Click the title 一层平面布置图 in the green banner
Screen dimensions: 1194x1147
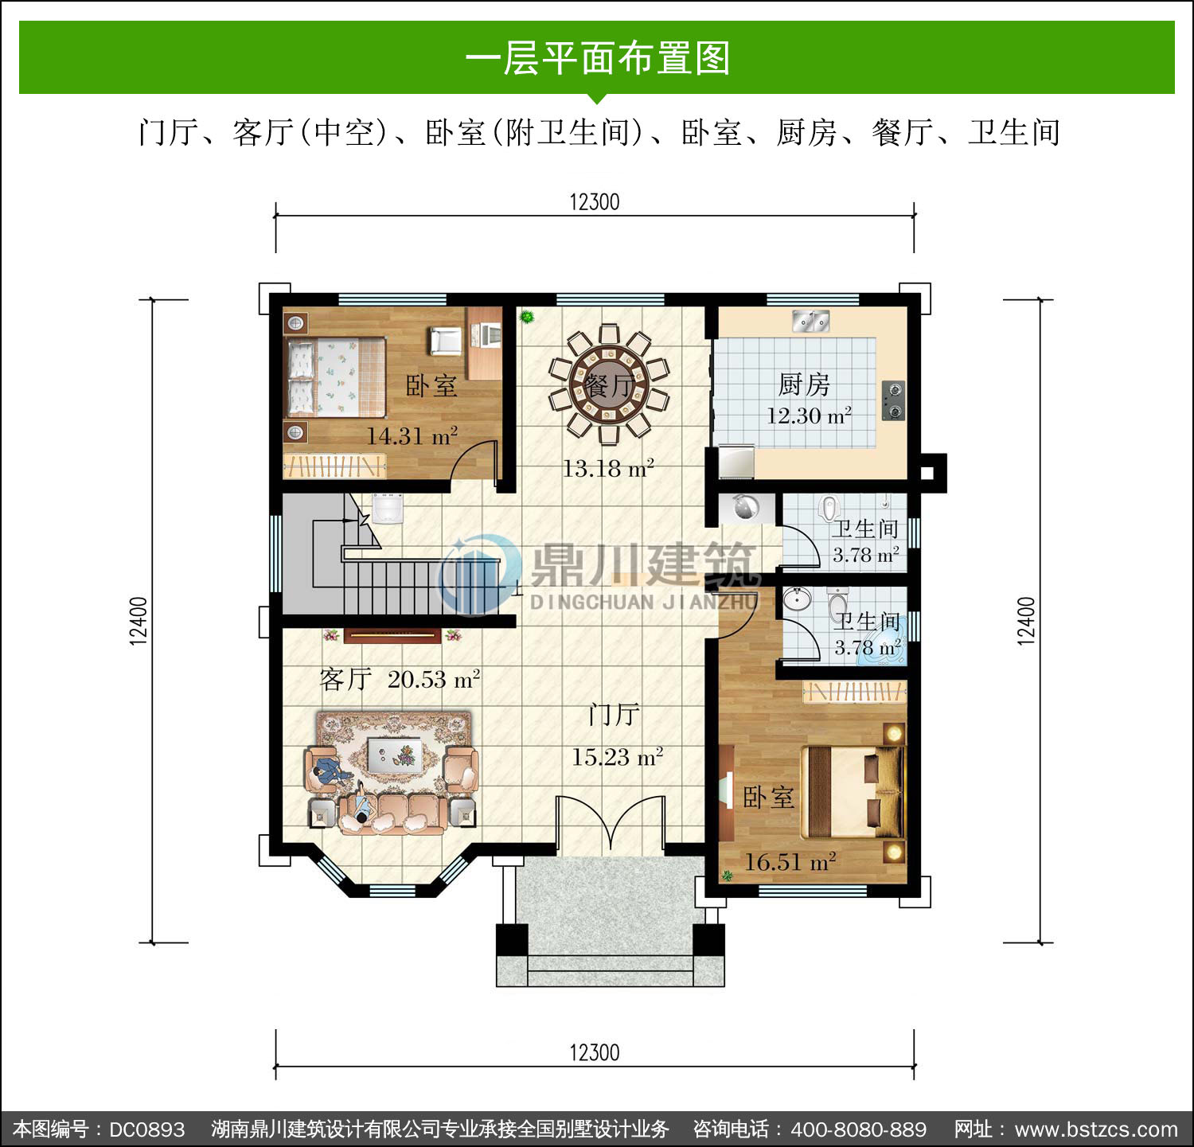[x=597, y=58]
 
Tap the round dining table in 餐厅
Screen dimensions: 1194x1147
[x=609, y=384]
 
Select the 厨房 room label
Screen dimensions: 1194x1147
[x=804, y=384]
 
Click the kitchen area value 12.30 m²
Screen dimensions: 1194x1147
[x=809, y=415]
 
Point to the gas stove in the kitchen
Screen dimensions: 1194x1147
[x=894, y=400]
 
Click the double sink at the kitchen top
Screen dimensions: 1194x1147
[x=811, y=322]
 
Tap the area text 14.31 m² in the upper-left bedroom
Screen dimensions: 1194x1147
[x=412, y=435]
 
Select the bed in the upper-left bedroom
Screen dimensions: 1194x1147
[x=335, y=377]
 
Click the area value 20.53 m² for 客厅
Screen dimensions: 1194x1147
[x=434, y=679]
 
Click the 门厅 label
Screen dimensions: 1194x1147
[x=614, y=714]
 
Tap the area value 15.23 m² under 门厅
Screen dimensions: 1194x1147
[x=617, y=756]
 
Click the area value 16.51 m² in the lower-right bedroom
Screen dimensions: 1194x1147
[x=790, y=861]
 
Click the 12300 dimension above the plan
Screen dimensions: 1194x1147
[x=595, y=201]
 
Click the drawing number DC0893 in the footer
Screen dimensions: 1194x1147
[x=146, y=1129]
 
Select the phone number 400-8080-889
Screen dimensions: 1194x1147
[x=859, y=1129]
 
